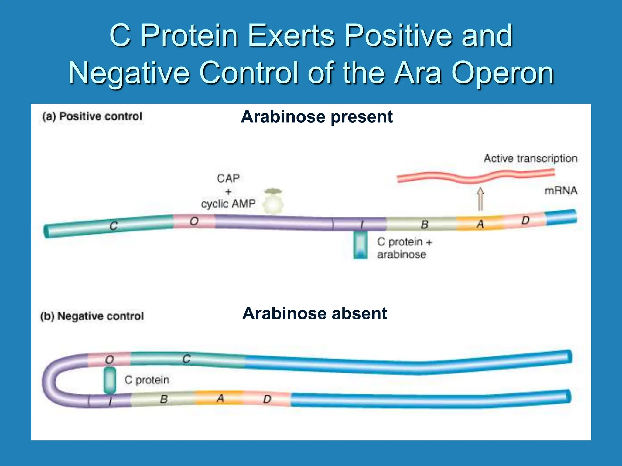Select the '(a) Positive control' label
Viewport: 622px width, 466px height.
click(x=92, y=116)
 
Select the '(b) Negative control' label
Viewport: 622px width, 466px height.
click(x=92, y=316)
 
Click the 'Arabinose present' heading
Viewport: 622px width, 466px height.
click(x=316, y=117)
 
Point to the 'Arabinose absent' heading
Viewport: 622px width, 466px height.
click(x=314, y=313)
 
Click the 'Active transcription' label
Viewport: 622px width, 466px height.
click(x=530, y=158)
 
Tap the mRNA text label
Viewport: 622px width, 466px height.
click(x=560, y=191)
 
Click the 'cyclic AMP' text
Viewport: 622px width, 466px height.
click(x=228, y=204)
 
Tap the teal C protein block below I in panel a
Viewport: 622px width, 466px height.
click(x=361, y=245)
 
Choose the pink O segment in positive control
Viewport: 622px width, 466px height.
click(x=194, y=221)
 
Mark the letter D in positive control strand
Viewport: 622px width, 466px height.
click(x=525, y=220)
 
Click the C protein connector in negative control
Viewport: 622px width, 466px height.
click(x=110, y=380)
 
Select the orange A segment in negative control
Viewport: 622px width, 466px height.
click(x=220, y=398)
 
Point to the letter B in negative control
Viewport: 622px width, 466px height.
click(x=164, y=399)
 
